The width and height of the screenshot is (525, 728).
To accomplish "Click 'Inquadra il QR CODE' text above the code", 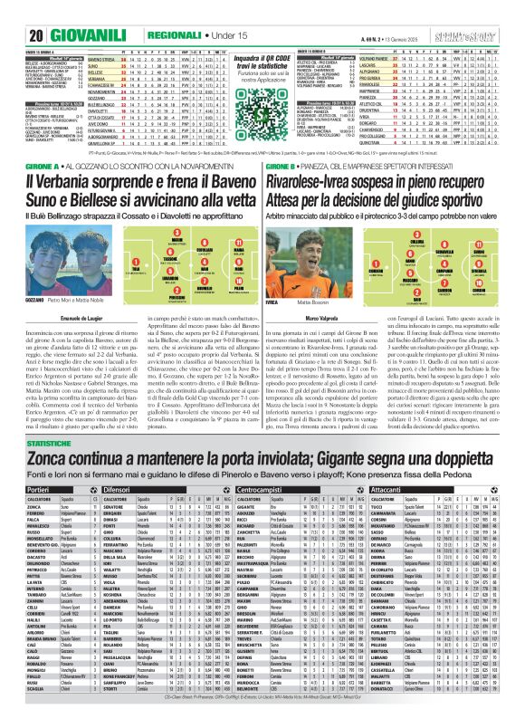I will (262, 59).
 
